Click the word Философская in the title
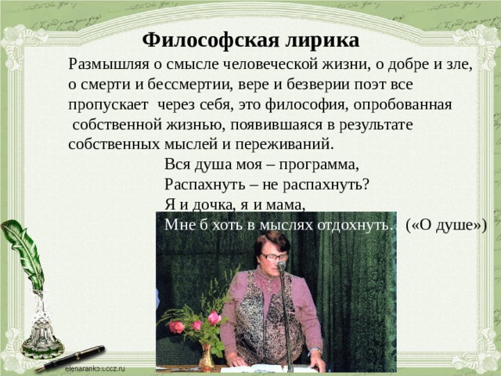(x=199, y=39)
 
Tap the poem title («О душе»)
(x=447, y=226)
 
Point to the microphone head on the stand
(x=281, y=266)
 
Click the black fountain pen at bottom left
(x=70, y=357)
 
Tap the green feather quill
(x=23, y=251)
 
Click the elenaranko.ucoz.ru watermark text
(x=95, y=368)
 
